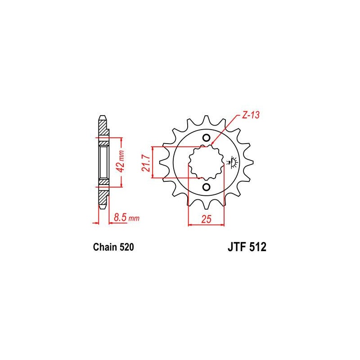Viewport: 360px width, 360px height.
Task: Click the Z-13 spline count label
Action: (x=251, y=115)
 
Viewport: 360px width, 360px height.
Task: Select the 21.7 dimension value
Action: (x=146, y=163)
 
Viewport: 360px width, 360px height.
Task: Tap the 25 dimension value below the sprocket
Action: (x=206, y=219)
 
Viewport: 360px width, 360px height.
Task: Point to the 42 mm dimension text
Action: (x=121, y=162)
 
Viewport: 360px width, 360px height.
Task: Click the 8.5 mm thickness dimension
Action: (x=126, y=217)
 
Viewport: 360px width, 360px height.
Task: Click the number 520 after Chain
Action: (x=126, y=247)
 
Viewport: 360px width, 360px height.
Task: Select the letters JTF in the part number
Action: (x=237, y=247)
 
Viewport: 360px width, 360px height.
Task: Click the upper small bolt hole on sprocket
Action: (x=207, y=138)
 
